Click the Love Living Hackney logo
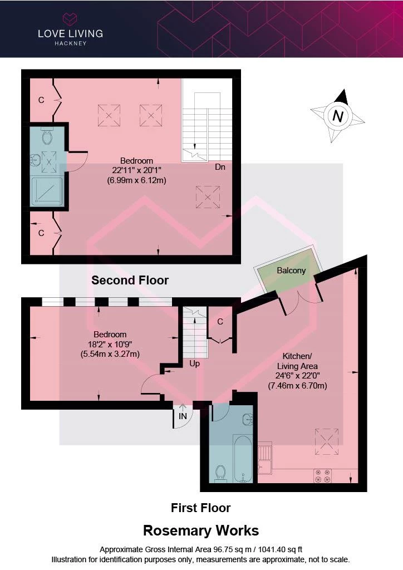tap(70, 30)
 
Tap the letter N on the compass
tap(338, 116)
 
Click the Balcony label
tap(291, 271)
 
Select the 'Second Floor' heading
tap(130, 281)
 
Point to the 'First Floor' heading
tap(200, 508)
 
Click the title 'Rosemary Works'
tap(201, 530)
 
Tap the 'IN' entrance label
tap(183, 416)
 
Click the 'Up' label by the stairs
tap(194, 364)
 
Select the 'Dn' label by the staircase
tap(220, 167)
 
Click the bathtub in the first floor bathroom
tap(242, 459)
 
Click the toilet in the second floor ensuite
tap(47, 135)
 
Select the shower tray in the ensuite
tap(47, 191)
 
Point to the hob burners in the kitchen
tap(323, 476)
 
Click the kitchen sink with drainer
tap(264, 458)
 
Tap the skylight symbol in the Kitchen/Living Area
tap(327, 441)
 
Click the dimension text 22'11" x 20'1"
tap(136, 170)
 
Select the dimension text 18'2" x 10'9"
tap(110, 344)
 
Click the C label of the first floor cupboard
tap(220, 322)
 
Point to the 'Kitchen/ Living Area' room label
tap(297, 361)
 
